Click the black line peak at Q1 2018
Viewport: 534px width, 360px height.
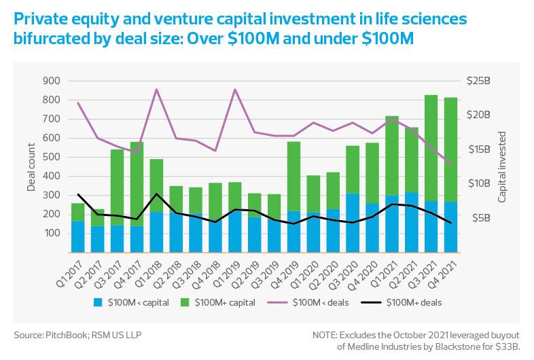click(x=157, y=194)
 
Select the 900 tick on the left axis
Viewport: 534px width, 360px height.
click(x=52, y=81)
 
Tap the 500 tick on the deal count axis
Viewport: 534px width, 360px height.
click(x=52, y=157)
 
